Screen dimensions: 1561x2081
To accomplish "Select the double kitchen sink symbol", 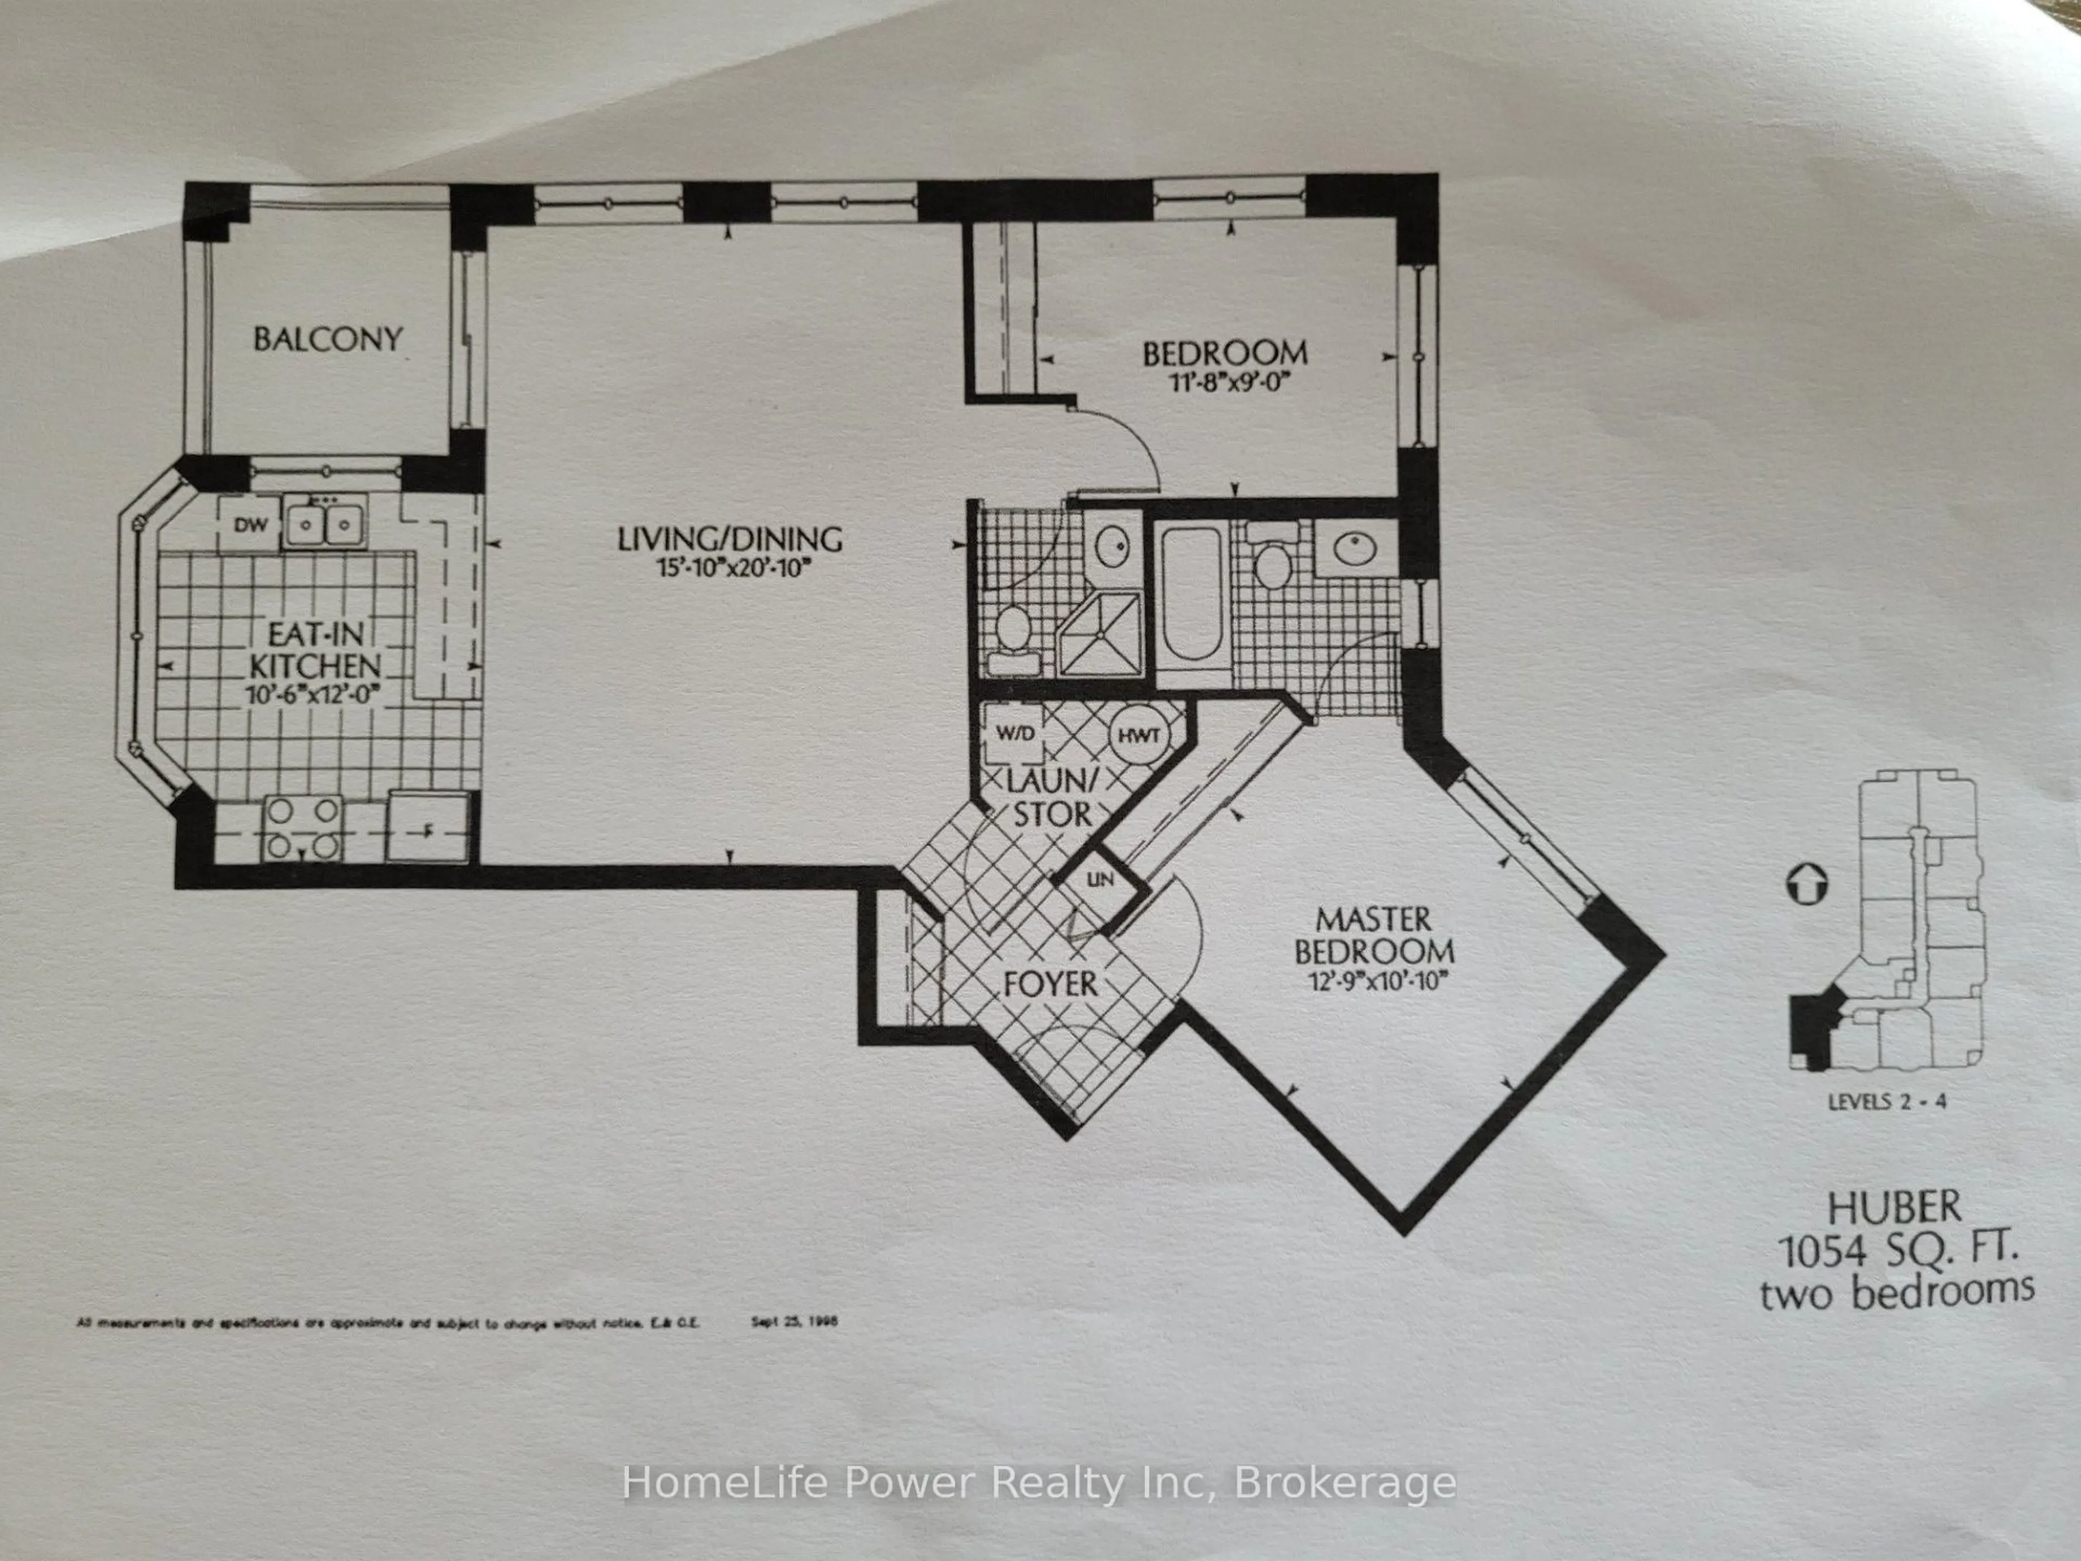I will (x=326, y=523).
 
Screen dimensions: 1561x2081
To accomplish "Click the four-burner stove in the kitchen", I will (x=302, y=828).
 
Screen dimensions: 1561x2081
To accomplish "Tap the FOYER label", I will (x=1050, y=984).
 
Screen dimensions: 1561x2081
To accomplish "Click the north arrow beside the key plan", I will (x=1805, y=885).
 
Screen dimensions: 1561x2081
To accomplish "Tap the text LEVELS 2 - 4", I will (x=1886, y=1101).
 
